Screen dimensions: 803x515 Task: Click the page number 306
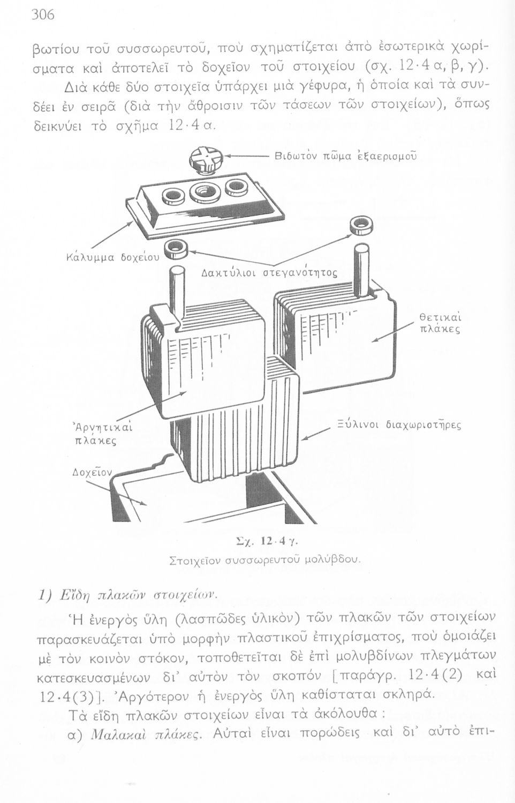(43, 14)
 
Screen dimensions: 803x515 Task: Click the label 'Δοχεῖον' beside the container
(92, 473)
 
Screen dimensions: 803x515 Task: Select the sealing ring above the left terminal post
(175, 248)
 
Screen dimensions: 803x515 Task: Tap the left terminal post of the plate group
(176, 291)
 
